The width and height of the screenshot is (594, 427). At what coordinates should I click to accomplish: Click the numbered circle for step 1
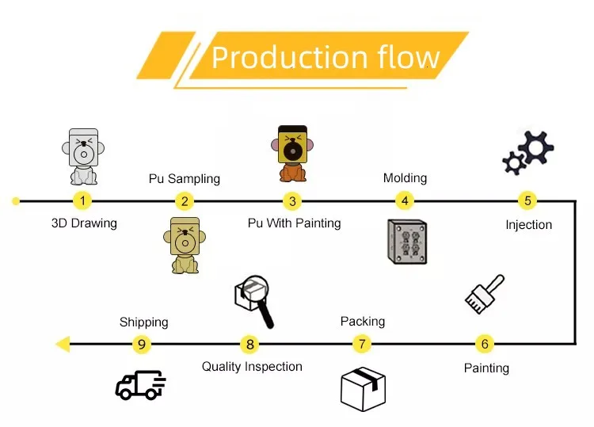pos(84,201)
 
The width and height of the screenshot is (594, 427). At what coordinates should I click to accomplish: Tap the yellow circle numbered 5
pos(527,201)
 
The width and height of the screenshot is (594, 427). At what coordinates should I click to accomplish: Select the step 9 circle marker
pos(142,344)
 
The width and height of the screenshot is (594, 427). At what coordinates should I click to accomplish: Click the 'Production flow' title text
pos(326,58)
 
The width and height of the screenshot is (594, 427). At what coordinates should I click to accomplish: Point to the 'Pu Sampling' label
pos(184,179)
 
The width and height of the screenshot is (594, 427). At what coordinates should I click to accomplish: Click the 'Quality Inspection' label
pos(252,367)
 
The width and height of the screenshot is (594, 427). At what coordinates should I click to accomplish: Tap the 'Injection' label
pos(528,225)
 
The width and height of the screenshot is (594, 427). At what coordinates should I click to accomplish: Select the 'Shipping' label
pos(143,322)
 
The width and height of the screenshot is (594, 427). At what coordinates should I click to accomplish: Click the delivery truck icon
pos(140,385)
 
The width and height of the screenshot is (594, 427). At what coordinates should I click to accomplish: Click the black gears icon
pos(529,152)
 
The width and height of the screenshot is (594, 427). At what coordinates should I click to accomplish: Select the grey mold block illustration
pos(407,242)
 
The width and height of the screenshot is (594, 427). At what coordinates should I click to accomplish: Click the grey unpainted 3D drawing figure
pos(84,155)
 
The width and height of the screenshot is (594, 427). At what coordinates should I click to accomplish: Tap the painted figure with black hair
pos(292,154)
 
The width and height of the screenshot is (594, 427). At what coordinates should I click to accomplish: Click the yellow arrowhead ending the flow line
pos(63,344)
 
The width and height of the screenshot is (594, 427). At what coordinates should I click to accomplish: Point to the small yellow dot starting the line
pos(16,201)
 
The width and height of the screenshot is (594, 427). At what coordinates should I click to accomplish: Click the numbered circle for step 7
pos(362,344)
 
